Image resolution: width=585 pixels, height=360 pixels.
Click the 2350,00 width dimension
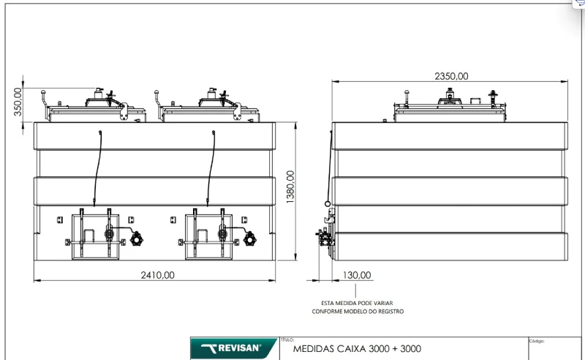point(451,76)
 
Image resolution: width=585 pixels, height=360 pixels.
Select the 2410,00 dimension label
point(157,275)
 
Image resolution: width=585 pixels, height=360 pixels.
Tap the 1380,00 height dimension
point(290,187)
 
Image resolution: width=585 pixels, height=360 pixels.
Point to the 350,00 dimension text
point(18,102)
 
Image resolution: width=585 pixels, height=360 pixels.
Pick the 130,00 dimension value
point(357,275)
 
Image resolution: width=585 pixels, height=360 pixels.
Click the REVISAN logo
point(233,348)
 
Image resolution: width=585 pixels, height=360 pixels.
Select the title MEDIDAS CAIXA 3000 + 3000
point(357,349)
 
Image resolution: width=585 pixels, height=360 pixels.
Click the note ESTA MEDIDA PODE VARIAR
point(357,303)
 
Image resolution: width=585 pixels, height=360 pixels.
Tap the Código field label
point(537,341)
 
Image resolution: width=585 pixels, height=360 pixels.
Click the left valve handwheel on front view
point(137,239)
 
